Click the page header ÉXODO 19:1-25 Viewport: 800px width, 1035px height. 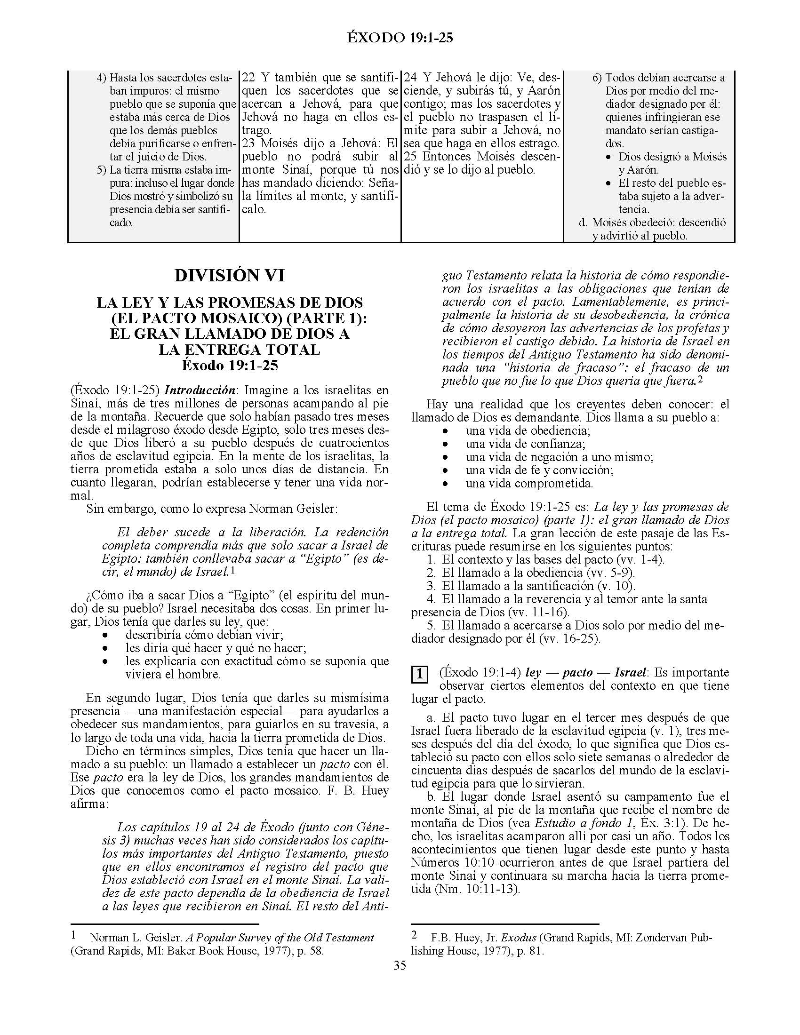point(400,38)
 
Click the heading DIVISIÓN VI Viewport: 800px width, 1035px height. point(229,275)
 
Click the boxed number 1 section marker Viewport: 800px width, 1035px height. point(419,674)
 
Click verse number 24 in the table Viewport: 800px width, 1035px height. point(411,77)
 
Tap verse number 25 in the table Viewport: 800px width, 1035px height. point(411,156)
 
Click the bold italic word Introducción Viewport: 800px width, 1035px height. point(200,390)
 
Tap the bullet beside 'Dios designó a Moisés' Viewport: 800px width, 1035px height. point(609,157)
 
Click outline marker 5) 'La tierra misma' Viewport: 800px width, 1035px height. point(101,170)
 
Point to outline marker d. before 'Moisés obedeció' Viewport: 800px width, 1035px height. point(583,222)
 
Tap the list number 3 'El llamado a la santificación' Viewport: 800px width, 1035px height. point(431,586)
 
